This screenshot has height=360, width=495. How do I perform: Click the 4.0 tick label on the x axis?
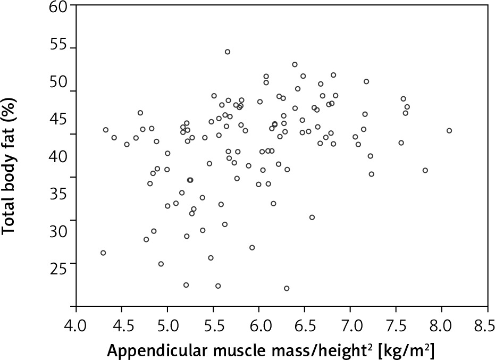pyautogui.click(x=76, y=324)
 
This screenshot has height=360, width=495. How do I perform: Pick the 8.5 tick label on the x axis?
pyautogui.click(x=486, y=324)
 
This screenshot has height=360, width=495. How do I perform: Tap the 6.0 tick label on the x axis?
pyautogui.click(x=258, y=324)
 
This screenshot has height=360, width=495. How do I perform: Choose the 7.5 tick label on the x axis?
pyautogui.click(x=395, y=324)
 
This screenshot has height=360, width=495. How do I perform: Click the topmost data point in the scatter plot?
pyautogui.click(x=228, y=52)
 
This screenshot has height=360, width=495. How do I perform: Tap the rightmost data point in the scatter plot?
pyautogui.click(x=449, y=130)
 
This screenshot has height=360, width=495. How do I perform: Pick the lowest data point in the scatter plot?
pyautogui.click(x=287, y=288)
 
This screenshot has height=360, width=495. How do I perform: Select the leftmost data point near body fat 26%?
pyautogui.click(x=103, y=253)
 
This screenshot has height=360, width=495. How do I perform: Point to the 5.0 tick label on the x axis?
pyautogui.click(x=167, y=324)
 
